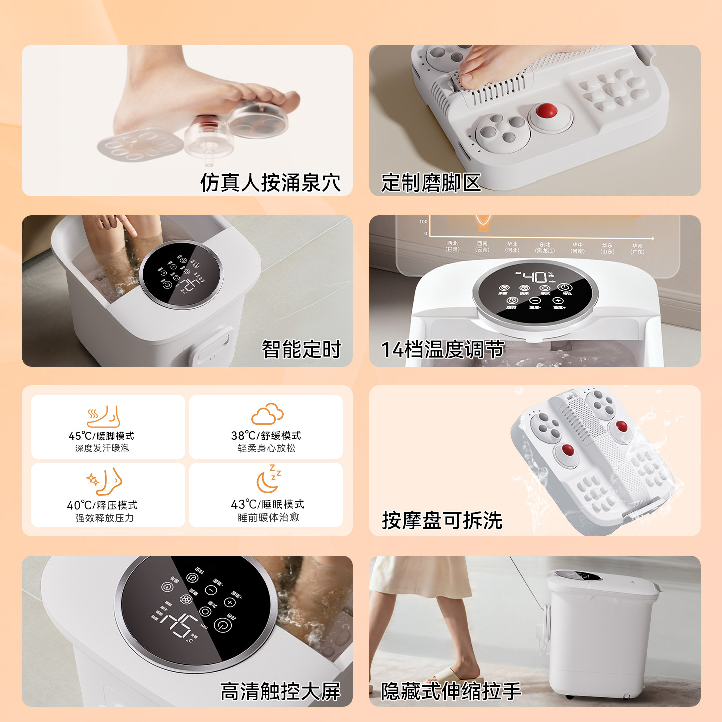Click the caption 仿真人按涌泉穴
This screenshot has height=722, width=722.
click(270, 183)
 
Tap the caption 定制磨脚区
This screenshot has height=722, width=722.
click(431, 183)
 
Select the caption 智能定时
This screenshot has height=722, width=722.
click(301, 349)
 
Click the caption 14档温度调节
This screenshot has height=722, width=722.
click(442, 349)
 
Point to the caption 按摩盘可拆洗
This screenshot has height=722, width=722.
click(442, 520)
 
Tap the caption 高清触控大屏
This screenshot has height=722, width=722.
click(280, 691)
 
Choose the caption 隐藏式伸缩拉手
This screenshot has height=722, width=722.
click(451, 691)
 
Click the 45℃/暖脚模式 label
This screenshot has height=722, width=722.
click(101, 436)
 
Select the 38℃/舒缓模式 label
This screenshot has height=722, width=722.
click(266, 435)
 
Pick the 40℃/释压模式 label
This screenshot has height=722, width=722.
click(102, 505)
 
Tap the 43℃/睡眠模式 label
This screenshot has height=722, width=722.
click(267, 504)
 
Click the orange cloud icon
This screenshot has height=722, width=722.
click(267, 414)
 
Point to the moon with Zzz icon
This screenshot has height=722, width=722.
click(268, 479)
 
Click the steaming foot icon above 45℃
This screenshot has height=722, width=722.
click(103, 416)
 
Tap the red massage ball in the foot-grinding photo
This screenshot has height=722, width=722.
click(546, 110)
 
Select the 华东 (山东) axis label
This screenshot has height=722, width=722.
click(607, 248)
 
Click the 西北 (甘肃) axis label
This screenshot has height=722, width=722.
click(452, 246)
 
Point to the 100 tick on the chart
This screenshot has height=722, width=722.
click(423, 221)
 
